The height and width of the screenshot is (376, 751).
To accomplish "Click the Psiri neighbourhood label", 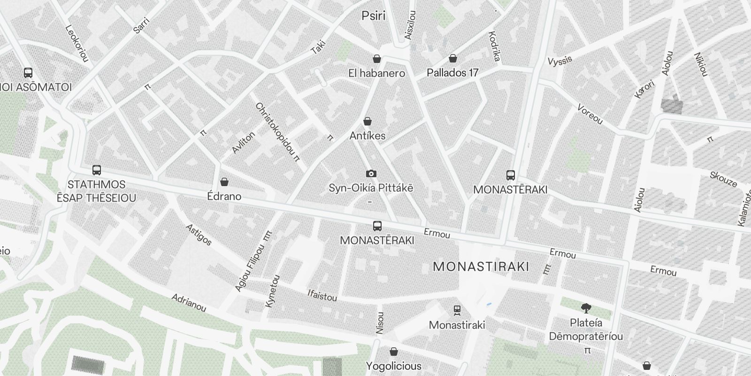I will (374, 16).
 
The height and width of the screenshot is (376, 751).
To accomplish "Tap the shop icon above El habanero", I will (376, 59).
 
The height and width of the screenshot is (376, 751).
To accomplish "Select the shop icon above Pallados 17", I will (452, 58).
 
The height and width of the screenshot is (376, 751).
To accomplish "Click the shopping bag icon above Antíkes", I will (368, 121).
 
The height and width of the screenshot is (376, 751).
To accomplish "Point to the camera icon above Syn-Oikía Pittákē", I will (371, 174).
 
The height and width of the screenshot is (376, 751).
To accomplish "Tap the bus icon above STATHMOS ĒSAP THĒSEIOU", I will (97, 170).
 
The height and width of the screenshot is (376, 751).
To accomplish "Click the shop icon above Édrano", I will (224, 182).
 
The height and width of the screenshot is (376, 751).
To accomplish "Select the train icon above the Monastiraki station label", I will (457, 310).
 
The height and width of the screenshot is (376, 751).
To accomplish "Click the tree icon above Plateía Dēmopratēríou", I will (586, 308).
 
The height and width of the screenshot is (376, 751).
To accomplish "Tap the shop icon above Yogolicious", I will (394, 352).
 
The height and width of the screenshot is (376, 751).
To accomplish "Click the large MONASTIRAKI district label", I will (481, 267).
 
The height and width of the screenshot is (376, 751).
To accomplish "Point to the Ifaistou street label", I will (322, 295).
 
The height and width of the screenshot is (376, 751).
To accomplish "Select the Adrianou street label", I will (189, 303).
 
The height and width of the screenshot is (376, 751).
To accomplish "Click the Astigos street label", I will (199, 235).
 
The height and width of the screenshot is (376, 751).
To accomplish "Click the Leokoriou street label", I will (77, 43).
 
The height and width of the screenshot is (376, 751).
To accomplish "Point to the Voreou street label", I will (590, 114).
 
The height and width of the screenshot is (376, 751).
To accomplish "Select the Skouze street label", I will (723, 179).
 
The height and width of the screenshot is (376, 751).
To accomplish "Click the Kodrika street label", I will (495, 47).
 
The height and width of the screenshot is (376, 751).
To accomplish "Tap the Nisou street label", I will (380, 323).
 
